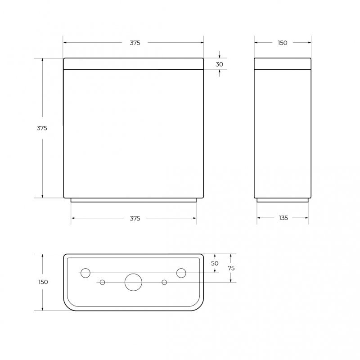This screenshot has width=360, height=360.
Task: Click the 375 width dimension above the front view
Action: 135,43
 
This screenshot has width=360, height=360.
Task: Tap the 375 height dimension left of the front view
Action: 42,128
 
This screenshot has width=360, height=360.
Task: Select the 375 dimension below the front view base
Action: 135,218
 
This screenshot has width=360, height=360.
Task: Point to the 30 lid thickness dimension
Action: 219,64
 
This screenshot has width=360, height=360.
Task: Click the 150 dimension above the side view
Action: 283,43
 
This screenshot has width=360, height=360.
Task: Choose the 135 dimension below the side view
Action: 283,218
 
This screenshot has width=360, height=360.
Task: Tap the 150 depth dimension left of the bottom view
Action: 43,282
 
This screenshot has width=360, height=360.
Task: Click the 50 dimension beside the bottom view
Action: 215,263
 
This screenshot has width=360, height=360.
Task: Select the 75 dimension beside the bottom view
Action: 231,268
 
